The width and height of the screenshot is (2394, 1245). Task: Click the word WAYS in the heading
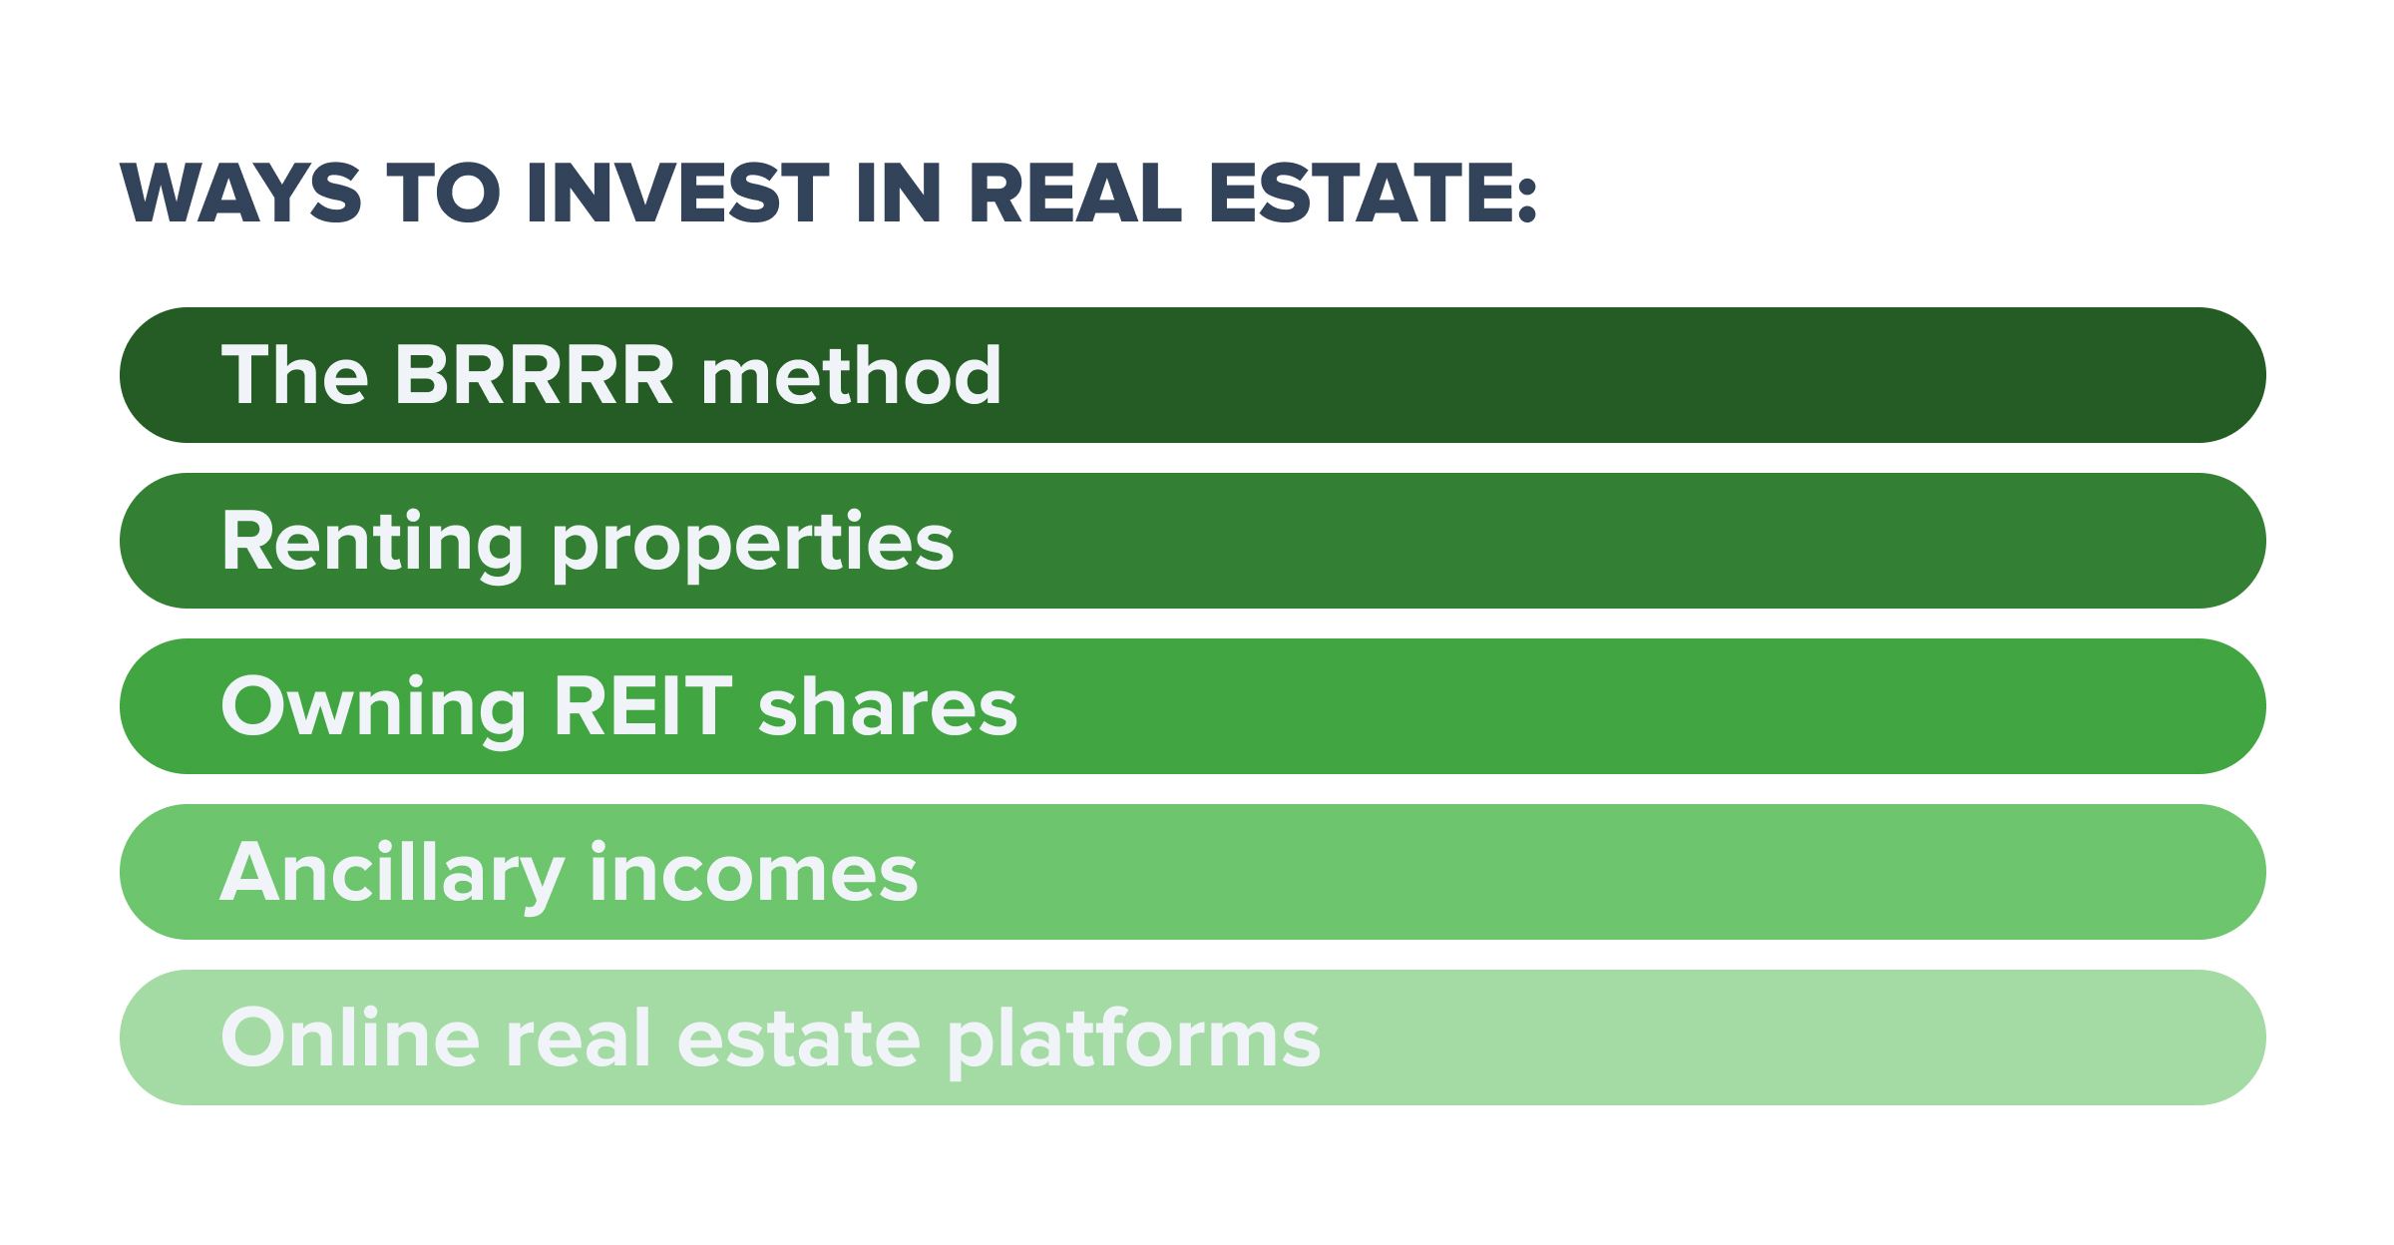[240, 193]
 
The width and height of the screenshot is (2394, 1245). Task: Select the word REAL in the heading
[1074, 193]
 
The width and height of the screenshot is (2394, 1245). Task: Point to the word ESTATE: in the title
[1373, 193]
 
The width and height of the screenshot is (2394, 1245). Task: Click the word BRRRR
[535, 375]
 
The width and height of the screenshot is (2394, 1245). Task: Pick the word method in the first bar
[851, 375]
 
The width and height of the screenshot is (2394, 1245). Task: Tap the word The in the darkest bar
[294, 375]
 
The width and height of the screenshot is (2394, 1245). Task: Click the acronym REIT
[642, 707]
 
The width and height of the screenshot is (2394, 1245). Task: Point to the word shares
[888, 707]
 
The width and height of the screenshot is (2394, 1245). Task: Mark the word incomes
[753, 873]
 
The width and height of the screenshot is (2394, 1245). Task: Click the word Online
[350, 1038]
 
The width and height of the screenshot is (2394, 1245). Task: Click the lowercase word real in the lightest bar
[579, 1038]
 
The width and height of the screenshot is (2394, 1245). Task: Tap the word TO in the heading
[444, 193]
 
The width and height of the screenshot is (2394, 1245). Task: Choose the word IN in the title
[899, 193]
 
